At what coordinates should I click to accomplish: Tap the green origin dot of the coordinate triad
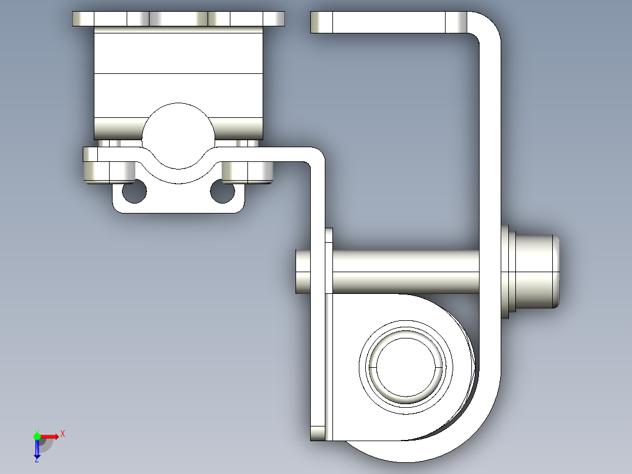tap(37, 436)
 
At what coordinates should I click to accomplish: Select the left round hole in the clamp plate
tap(134, 192)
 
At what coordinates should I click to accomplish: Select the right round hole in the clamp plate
tap(223, 192)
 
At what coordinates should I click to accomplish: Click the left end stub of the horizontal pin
tap(303, 272)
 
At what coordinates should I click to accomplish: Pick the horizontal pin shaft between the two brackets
tap(405, 272)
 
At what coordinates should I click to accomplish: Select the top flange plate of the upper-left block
tap(178, 19)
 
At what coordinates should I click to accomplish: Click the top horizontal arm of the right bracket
tap(387, 22)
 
